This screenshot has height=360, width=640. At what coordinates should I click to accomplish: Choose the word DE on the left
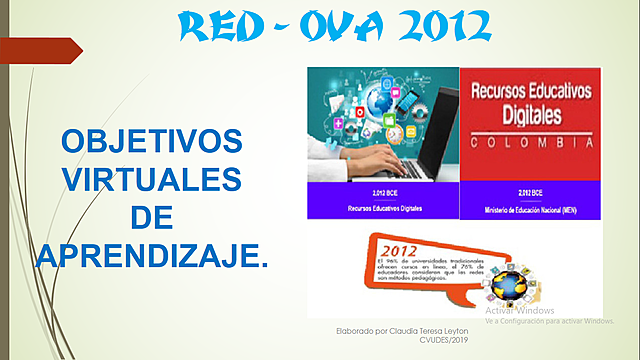152,217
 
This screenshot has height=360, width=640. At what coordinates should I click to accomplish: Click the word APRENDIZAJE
152,255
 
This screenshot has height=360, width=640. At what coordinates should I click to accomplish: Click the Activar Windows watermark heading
520,310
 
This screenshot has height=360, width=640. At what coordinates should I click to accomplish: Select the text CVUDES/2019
439,340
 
